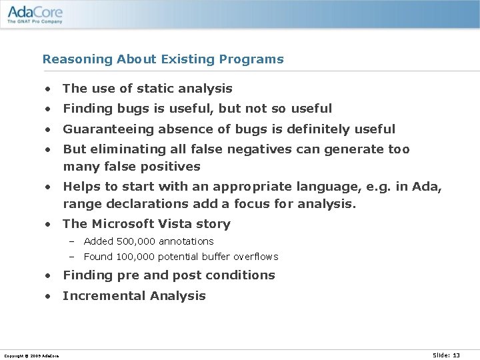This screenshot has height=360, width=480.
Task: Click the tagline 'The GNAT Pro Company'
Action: [35, 21]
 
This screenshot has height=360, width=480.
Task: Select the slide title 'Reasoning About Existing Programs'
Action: [163, 59]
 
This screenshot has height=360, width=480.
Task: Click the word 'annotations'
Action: [186, 241]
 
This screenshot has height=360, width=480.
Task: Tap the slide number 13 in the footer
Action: [457, 355]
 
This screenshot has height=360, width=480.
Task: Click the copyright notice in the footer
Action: [31, 356]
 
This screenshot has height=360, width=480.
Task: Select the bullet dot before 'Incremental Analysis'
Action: [48, 296]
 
